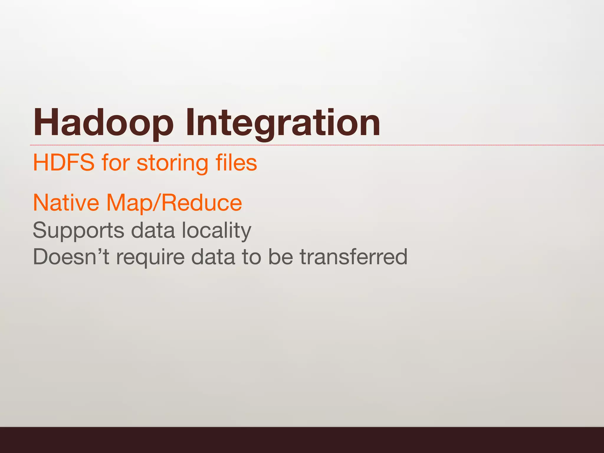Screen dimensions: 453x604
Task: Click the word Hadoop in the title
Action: pyautogui.click(x=103, y=123)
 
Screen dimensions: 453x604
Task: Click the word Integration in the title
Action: pyautogui.click(x=283, y=123)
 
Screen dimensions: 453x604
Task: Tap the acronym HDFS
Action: pyautogui.click(x=64, y=163)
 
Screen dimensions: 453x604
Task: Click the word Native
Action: pyautogui.click(x=66, y=203)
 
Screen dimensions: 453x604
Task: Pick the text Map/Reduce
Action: pyautogui.click(x=174, y=203)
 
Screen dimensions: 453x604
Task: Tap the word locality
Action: pyautogui.click(x=216, y=231)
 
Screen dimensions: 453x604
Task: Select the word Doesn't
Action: pyautogui.click(x=71, y=257)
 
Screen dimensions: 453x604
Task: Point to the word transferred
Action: pyautogui.click(x=354, y=257)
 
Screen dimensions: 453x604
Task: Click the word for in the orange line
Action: pyautogui.click(x=116, y=163)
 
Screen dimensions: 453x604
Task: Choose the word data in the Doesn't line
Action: pyautogui.click(x=213, y=257)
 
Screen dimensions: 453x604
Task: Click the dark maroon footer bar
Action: pyautogui.click(x=302, y=440)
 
